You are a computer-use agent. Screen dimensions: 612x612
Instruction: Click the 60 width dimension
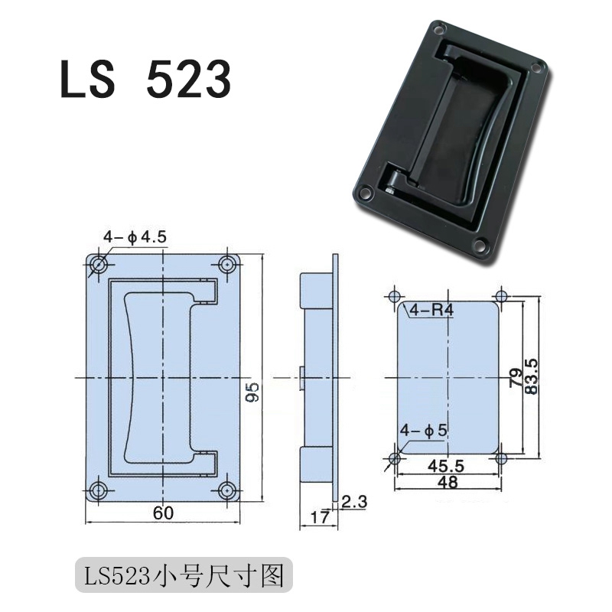coord(162,513)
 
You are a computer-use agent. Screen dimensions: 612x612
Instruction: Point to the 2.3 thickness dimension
coord(355,502)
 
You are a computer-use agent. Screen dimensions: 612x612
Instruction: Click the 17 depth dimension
coord(319,517)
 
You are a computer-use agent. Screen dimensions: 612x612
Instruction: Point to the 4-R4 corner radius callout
coord(431,311)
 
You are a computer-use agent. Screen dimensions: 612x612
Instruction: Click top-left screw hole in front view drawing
coord(99,265)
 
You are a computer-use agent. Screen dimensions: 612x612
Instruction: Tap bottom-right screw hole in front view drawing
coord(226,490)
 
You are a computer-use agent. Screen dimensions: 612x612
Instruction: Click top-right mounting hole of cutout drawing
coord(502,296)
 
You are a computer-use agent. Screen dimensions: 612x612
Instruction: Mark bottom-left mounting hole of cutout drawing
coord(395,458)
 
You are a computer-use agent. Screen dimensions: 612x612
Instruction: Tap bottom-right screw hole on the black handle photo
coord(480,246)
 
